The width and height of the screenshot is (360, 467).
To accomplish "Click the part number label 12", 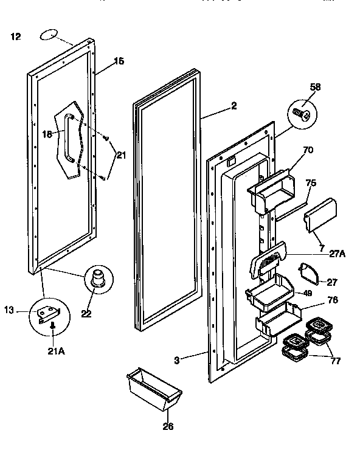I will click(16, 37).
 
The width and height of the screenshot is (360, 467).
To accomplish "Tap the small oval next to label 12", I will click(48, 36).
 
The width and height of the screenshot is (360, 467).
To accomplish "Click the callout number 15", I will click(119, 61).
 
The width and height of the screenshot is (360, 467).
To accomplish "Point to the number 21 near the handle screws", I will click(121, 156).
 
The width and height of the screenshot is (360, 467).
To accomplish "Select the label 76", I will click(333, 300).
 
